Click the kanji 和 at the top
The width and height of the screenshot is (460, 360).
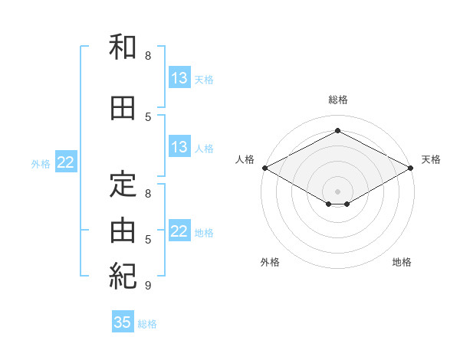tap(123, 47)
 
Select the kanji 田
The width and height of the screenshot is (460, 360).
tap(123, 108)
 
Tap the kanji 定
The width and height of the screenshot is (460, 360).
tap(123, 185)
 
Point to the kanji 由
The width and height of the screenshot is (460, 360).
tap(123, 231)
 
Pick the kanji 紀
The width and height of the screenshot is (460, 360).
tap(123, 277)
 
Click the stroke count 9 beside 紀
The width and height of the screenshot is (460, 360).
tap(148, 285)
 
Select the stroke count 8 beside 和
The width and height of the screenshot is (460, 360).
tap(148, 56)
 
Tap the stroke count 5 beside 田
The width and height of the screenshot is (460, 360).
tap(148, 117)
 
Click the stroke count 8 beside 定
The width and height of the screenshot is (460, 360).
tap(148, 194)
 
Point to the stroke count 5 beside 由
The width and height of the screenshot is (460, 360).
tap(148, 240)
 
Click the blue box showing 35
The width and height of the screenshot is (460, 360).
tap(123, 321)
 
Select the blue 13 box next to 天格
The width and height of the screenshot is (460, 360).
tap(179, 77)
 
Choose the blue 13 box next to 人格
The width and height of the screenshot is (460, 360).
tap(179, 146)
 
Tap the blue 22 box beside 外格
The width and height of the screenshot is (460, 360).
tap(66, 162)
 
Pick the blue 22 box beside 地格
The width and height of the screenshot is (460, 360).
tap(179, 230)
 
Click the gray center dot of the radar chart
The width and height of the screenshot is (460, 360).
tap(337, 191)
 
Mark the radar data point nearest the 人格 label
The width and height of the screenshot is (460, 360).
tap(265, 168)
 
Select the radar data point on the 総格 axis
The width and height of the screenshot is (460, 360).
tap(337, 130)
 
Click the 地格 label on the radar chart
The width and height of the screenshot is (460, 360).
tap(402, 262)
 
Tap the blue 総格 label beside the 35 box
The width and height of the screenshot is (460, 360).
tap(147, 324)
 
